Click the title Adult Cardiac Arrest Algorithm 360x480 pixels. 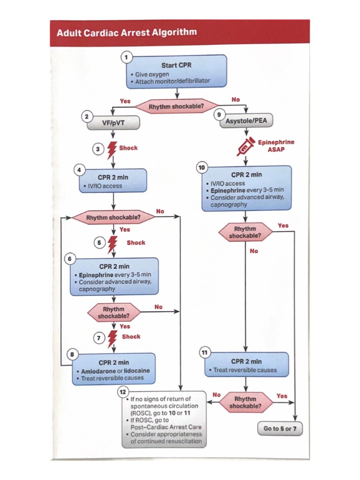(x=127, y=33)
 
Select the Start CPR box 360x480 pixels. (x=176, y=71)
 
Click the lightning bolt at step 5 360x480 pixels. (x=112, y=243)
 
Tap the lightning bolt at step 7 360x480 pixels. (x=112, y=337)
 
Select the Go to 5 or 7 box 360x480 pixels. (x=280, y=428)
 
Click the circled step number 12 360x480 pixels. (x=123, y=391)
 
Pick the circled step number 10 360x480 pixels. (x=202, y=167)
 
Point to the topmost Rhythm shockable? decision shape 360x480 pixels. (x=176, y=107)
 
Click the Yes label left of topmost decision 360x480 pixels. (x=125, y=101)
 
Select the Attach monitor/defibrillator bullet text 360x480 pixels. (x=172, y=81)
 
